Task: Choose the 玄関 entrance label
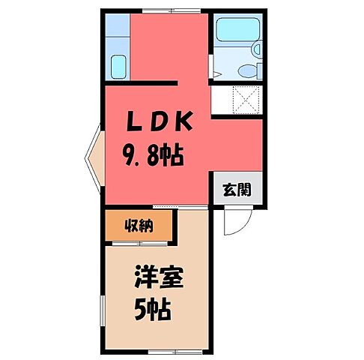tap(236, 190)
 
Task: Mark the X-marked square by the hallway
tap(245, 99)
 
